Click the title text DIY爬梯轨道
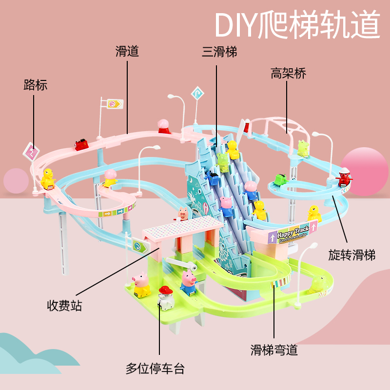pos(297,25)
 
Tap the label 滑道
pos(127,51)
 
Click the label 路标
pos(35,85)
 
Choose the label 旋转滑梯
pos(351,254)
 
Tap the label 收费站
pos(64,306)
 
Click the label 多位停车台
pos(155,368)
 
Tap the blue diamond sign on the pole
pos(197,92)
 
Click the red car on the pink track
pos(81,144)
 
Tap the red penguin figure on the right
pos(344,178)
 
